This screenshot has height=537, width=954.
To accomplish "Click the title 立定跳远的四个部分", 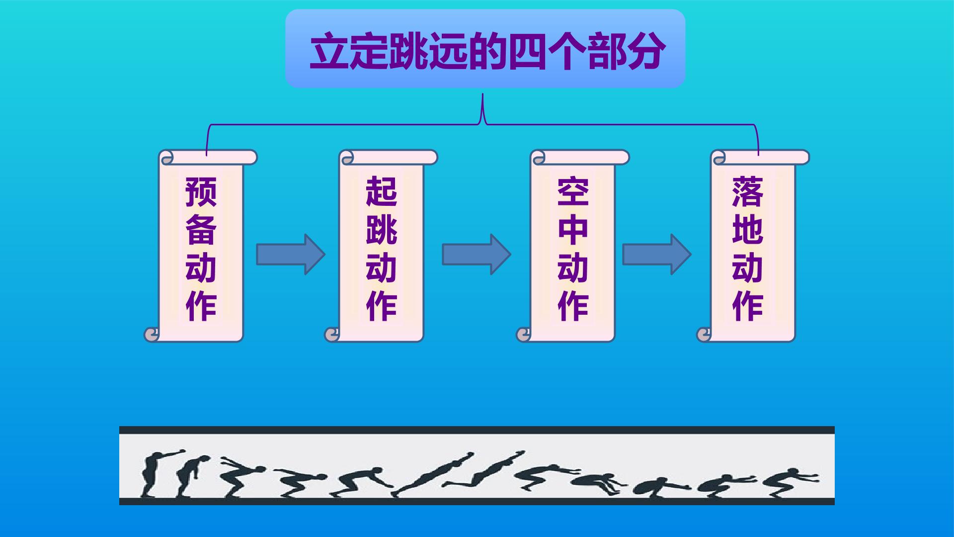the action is click(x=487, y=51).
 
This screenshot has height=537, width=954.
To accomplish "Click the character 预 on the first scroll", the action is click(x=201, y=191).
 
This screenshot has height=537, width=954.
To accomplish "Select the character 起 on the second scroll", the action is click(x=382, y=191).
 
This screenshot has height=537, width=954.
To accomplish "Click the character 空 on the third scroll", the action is click(x=573, y=191).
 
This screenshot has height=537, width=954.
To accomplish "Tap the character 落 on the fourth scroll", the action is click(x=748, y=191).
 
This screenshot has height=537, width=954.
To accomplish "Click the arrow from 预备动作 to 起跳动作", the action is click(x=291, y=254).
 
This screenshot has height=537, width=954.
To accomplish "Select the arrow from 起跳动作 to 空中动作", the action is click(x=477, y=254).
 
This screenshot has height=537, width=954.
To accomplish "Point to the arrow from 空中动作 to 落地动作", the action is click(x=657, y=254).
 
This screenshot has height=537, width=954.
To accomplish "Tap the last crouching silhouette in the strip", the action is click(x=790, y=482).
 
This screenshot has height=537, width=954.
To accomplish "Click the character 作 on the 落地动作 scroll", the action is click(x=748, y=306).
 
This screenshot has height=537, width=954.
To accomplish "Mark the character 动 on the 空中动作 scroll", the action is click(x=573, y=268).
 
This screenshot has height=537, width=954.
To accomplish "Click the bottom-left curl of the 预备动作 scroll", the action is click(x=152, y=335).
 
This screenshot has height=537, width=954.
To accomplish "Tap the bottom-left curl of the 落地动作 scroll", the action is click(x=705, y=335).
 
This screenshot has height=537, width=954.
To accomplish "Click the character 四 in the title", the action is click(x=527, y=51).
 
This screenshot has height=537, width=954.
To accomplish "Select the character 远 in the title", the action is click(x=448, y=51).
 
